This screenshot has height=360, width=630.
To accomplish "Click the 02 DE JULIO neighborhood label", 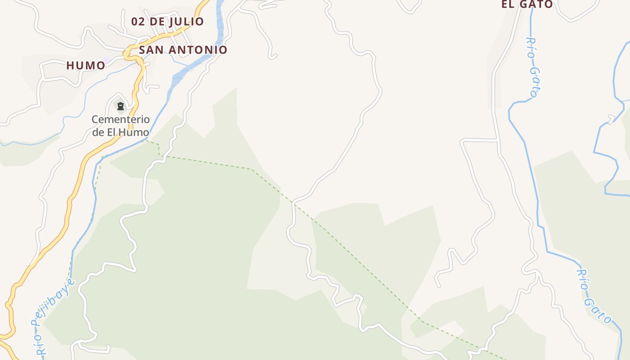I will point(167,22).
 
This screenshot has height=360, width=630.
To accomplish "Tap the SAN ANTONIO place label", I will point(183,50).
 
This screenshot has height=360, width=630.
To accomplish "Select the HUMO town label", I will point(85,66).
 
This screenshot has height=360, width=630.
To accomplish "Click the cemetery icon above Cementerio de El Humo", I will point(121,107).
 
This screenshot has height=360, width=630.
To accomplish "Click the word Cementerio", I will point(121,120).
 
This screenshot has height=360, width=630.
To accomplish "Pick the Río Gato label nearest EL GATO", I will point(532,67).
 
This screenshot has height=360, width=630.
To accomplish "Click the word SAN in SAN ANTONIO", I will point(150,50).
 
